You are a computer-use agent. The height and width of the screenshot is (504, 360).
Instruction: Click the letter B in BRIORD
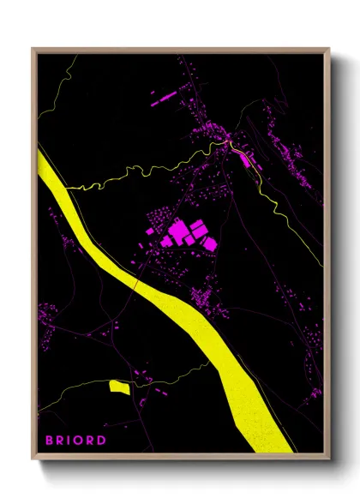pyautogui.click(x=50, y=441)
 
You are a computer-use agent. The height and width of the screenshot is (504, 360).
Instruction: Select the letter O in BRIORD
pyautogui.click(x=83, y=441)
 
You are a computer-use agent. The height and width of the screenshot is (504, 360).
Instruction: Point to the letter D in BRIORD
pyautogui.click(x=102, y=441)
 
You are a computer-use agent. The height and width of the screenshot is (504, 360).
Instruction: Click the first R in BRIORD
pyautogui.click(x=62, y=441)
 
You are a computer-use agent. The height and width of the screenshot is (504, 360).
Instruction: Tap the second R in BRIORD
pyautogui.click(x=93, y=441)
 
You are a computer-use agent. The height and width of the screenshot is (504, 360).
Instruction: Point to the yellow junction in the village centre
pyautogui.click(x=229, y=141)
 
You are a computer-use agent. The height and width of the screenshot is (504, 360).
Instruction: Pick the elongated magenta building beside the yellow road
pyautogui.click(x=243, y=159)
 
